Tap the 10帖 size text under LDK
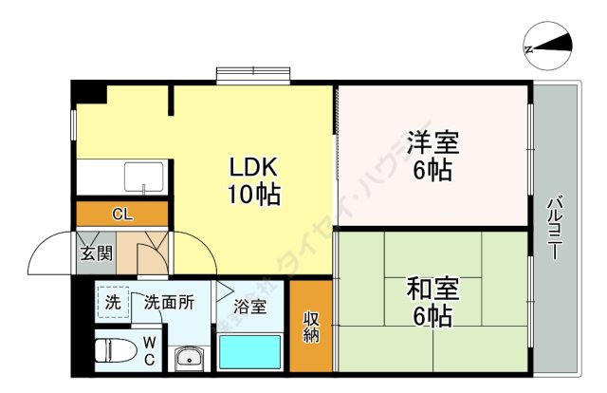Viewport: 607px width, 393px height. (251, 196)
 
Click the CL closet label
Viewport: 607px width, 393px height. (122, 214)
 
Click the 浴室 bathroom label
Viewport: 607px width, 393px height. (250, 306)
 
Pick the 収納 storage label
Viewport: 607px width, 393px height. (311, 327)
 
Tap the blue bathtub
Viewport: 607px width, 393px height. (250, 351)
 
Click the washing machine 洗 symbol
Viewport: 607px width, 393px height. (112, 303)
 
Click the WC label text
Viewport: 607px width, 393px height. (149, 349)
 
